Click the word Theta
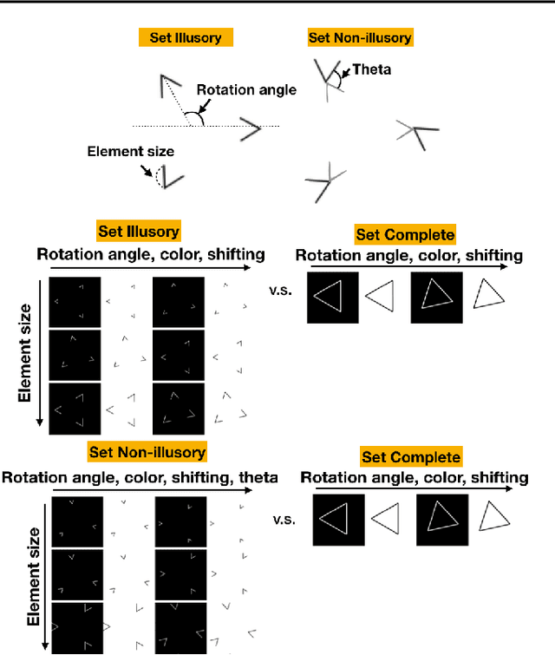point(372,69)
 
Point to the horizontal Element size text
point(130,152)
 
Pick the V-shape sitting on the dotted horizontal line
point(249,130)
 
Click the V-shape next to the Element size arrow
point(170,178)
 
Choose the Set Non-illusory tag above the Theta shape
point(360,37)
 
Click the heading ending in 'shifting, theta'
point(140,477)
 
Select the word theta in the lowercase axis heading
point(258,477)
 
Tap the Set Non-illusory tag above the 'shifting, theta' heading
point(147,452)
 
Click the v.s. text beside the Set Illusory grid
point(281,291)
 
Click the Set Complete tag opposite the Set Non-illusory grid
point(411,457)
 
